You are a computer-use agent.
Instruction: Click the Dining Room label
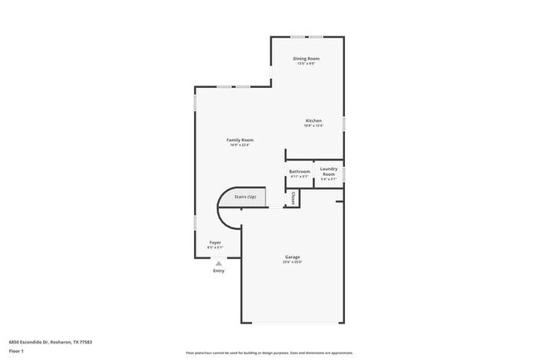(306, 58)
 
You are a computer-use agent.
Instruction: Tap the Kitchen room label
(313, 120)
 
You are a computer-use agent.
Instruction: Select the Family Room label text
(240, 139)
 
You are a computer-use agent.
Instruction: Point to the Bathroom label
(299, 172)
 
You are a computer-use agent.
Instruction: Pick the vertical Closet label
(294, 198)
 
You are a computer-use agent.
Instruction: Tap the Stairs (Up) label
(245, 197)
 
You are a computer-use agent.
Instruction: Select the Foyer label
(214, 242)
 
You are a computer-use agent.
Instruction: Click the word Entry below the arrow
(218, 270)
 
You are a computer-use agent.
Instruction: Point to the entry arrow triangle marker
(218, 262)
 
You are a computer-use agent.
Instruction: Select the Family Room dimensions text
(240, 145)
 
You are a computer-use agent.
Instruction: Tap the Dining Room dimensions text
(306, 64)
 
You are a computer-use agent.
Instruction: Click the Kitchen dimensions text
(313, 126)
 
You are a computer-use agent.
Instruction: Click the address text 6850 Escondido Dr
(50, 341)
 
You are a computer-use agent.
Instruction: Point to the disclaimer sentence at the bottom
(269, 353)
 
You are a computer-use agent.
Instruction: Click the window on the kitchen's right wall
(344, 122)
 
